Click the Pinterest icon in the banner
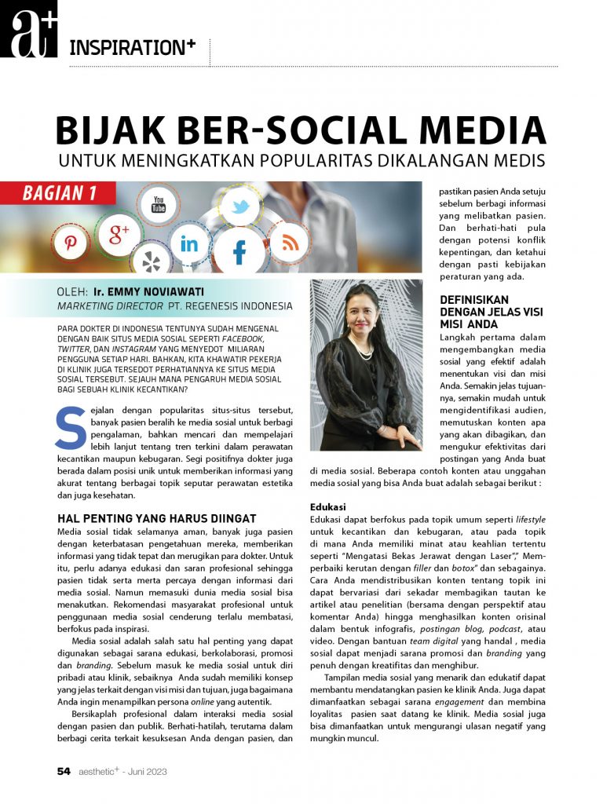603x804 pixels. pos(71,242)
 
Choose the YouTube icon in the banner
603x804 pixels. pos(159,206)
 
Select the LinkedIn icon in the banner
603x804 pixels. pos(189,243)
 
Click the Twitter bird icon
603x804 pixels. pos(239,206)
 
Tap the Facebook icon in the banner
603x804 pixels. pos(239,252)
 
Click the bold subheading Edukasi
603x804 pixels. pos(329,506)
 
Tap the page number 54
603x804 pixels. pos(64,771)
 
